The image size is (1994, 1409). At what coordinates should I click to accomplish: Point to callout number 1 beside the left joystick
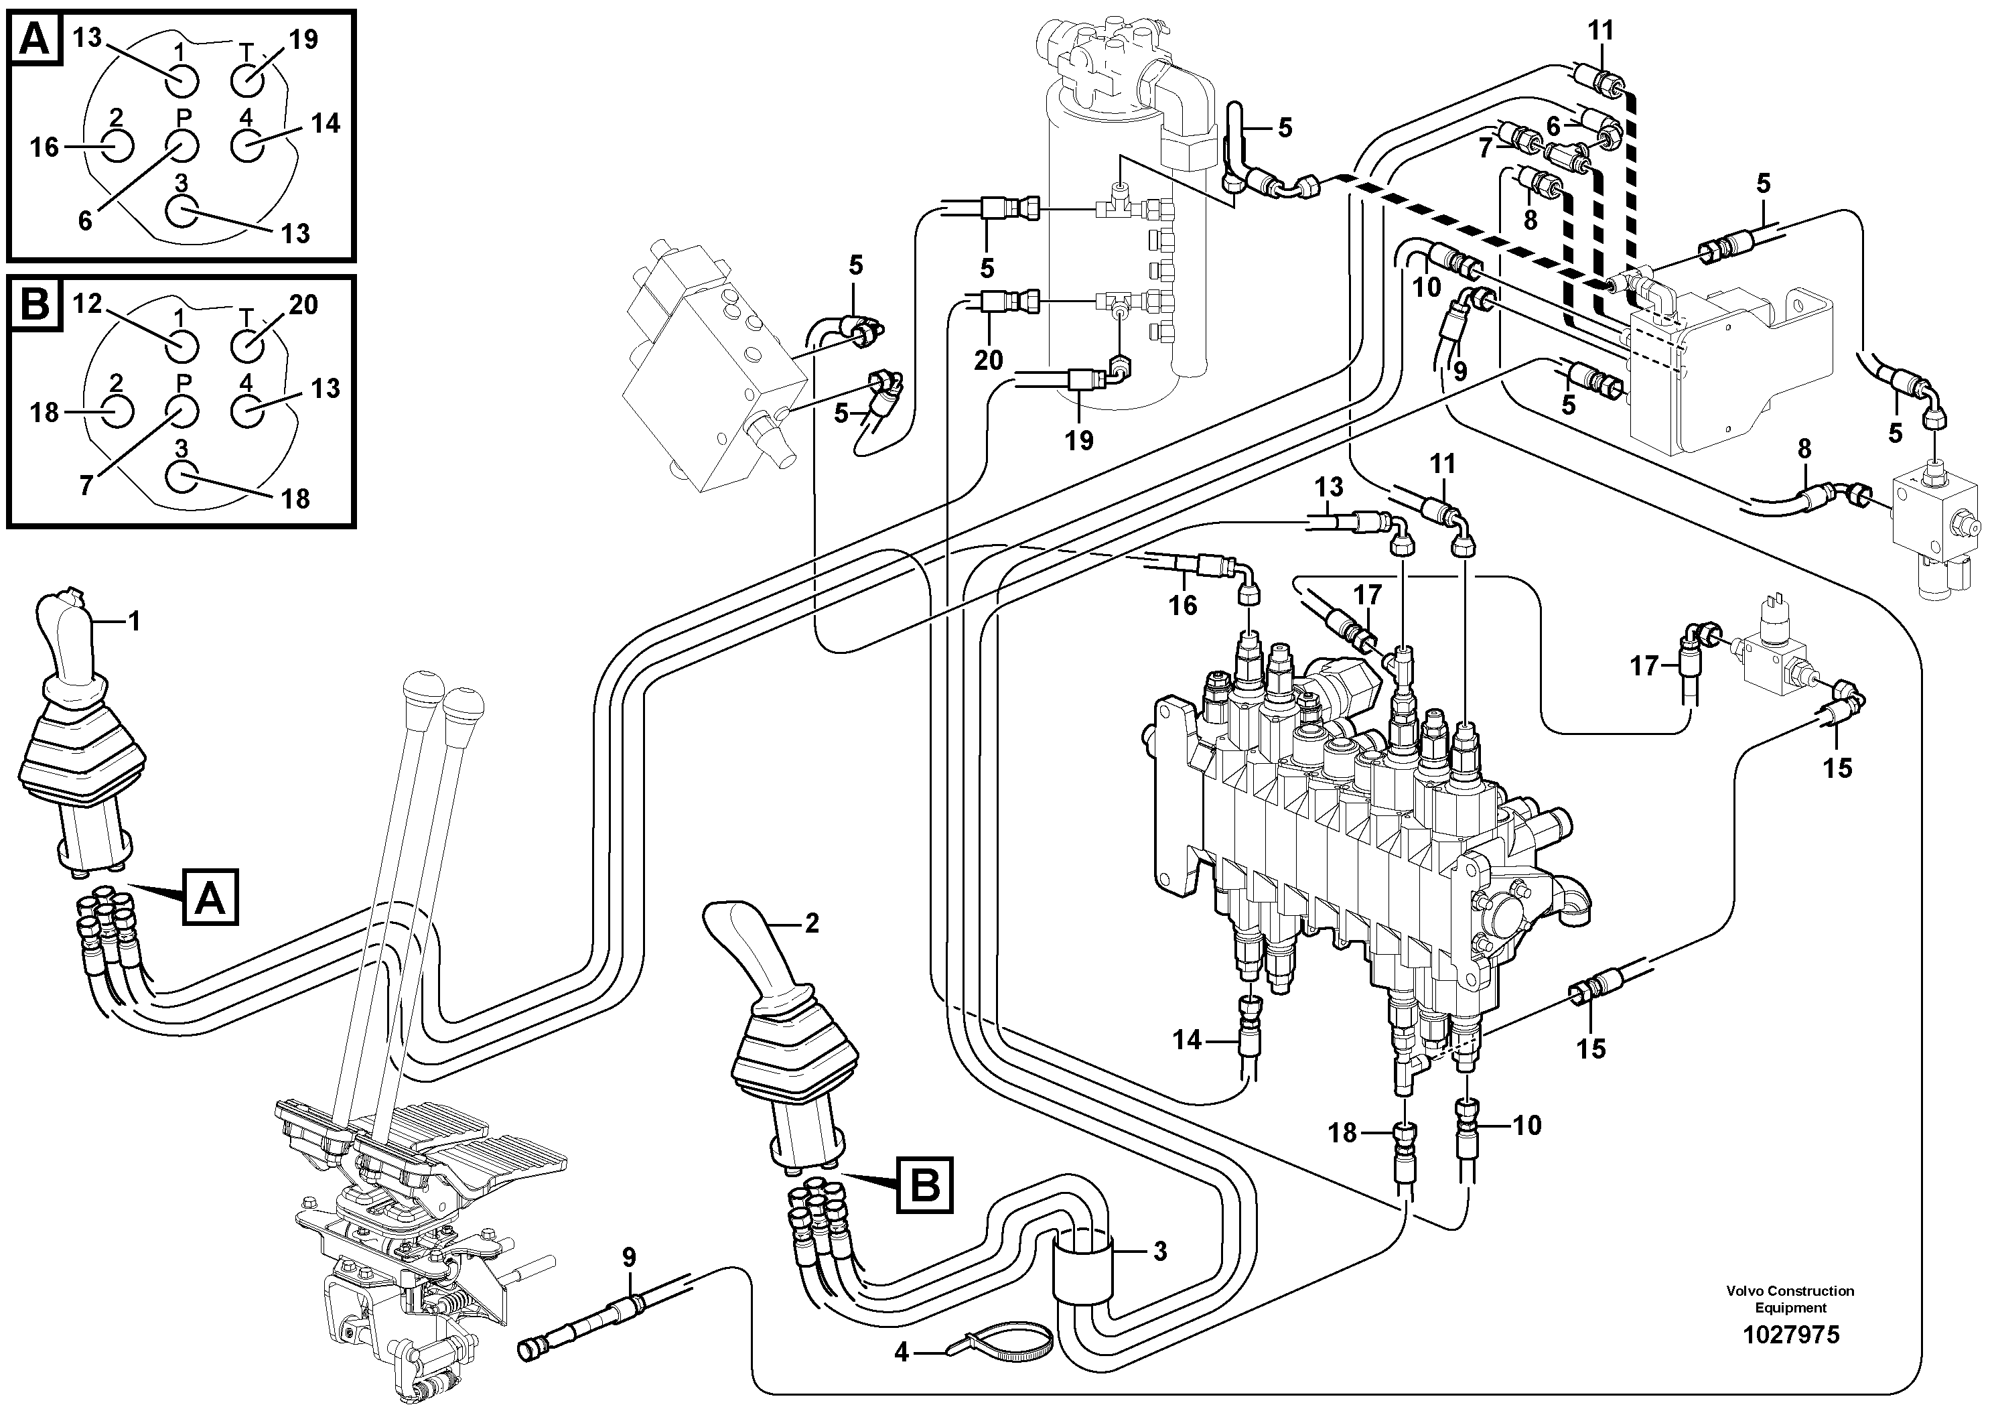(x=134, y=621)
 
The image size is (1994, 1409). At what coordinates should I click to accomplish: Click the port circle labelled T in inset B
(x=246, y=345)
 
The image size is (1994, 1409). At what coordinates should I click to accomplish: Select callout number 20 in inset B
(x=303, y=305)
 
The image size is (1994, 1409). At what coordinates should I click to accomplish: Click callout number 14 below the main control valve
(x=1186, y=1040)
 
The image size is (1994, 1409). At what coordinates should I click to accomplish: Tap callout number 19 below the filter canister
(x=1080, y=440)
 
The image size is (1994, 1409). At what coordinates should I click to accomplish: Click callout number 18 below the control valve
(x=1343, y=1133)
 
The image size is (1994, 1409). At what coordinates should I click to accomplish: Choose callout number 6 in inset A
(x=85, y=220)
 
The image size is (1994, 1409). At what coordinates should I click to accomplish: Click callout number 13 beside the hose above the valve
(x=1329, y=486)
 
